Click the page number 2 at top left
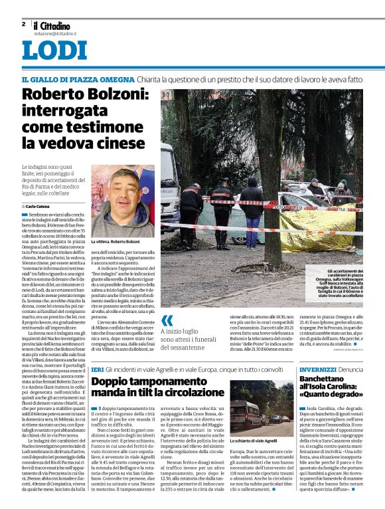[23, 24]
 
